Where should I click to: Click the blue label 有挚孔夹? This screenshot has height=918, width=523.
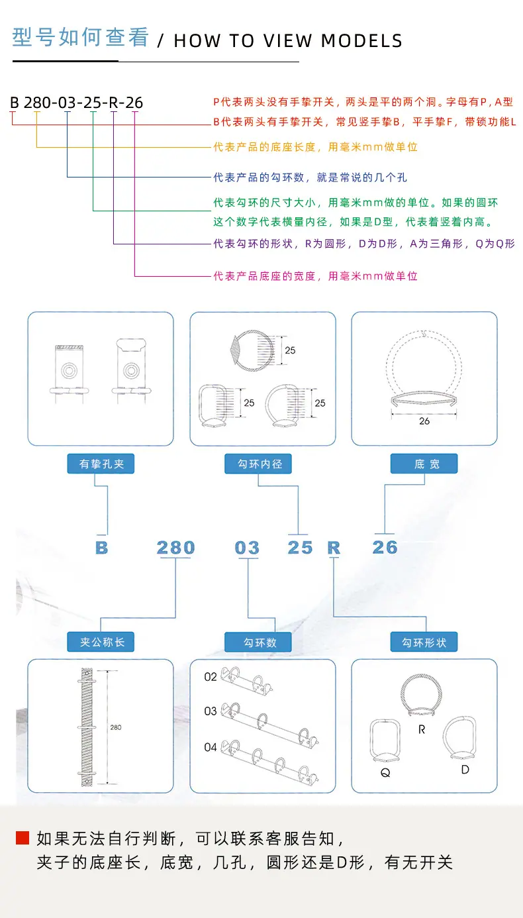[101, 464]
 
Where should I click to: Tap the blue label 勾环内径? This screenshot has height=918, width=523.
[258, 464]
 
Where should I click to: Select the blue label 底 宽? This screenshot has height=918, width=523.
[424, 464]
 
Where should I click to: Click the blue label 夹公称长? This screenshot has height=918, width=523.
[101, 642]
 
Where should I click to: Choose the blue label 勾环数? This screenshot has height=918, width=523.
[258, 642]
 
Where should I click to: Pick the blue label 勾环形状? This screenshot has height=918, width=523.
[424, 642]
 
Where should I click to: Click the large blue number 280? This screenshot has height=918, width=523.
[175, 548]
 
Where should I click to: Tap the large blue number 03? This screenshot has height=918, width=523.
[247, 548]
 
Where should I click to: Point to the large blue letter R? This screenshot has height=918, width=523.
[334, 548]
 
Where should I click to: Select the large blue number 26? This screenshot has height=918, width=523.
[385, 547]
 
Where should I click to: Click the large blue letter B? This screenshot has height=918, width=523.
[101, 548]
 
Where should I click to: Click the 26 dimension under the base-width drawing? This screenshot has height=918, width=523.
[424, 421]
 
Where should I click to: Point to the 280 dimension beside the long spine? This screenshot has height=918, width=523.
[115, 727]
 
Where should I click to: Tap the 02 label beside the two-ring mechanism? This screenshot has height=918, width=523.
[211, 677]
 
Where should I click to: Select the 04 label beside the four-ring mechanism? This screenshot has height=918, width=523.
[211, 747]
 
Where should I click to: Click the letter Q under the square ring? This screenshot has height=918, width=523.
[385, 773]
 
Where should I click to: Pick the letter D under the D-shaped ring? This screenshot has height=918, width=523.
[465, 769]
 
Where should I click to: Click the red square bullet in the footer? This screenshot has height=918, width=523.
[23, 838]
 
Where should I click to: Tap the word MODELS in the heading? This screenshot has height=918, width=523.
[361, 40]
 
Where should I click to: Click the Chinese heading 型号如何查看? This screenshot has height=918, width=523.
[80, 37]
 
